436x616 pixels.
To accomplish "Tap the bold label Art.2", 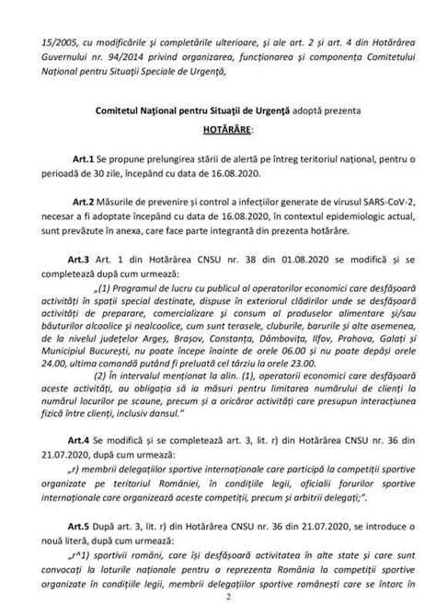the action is (85, 200).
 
